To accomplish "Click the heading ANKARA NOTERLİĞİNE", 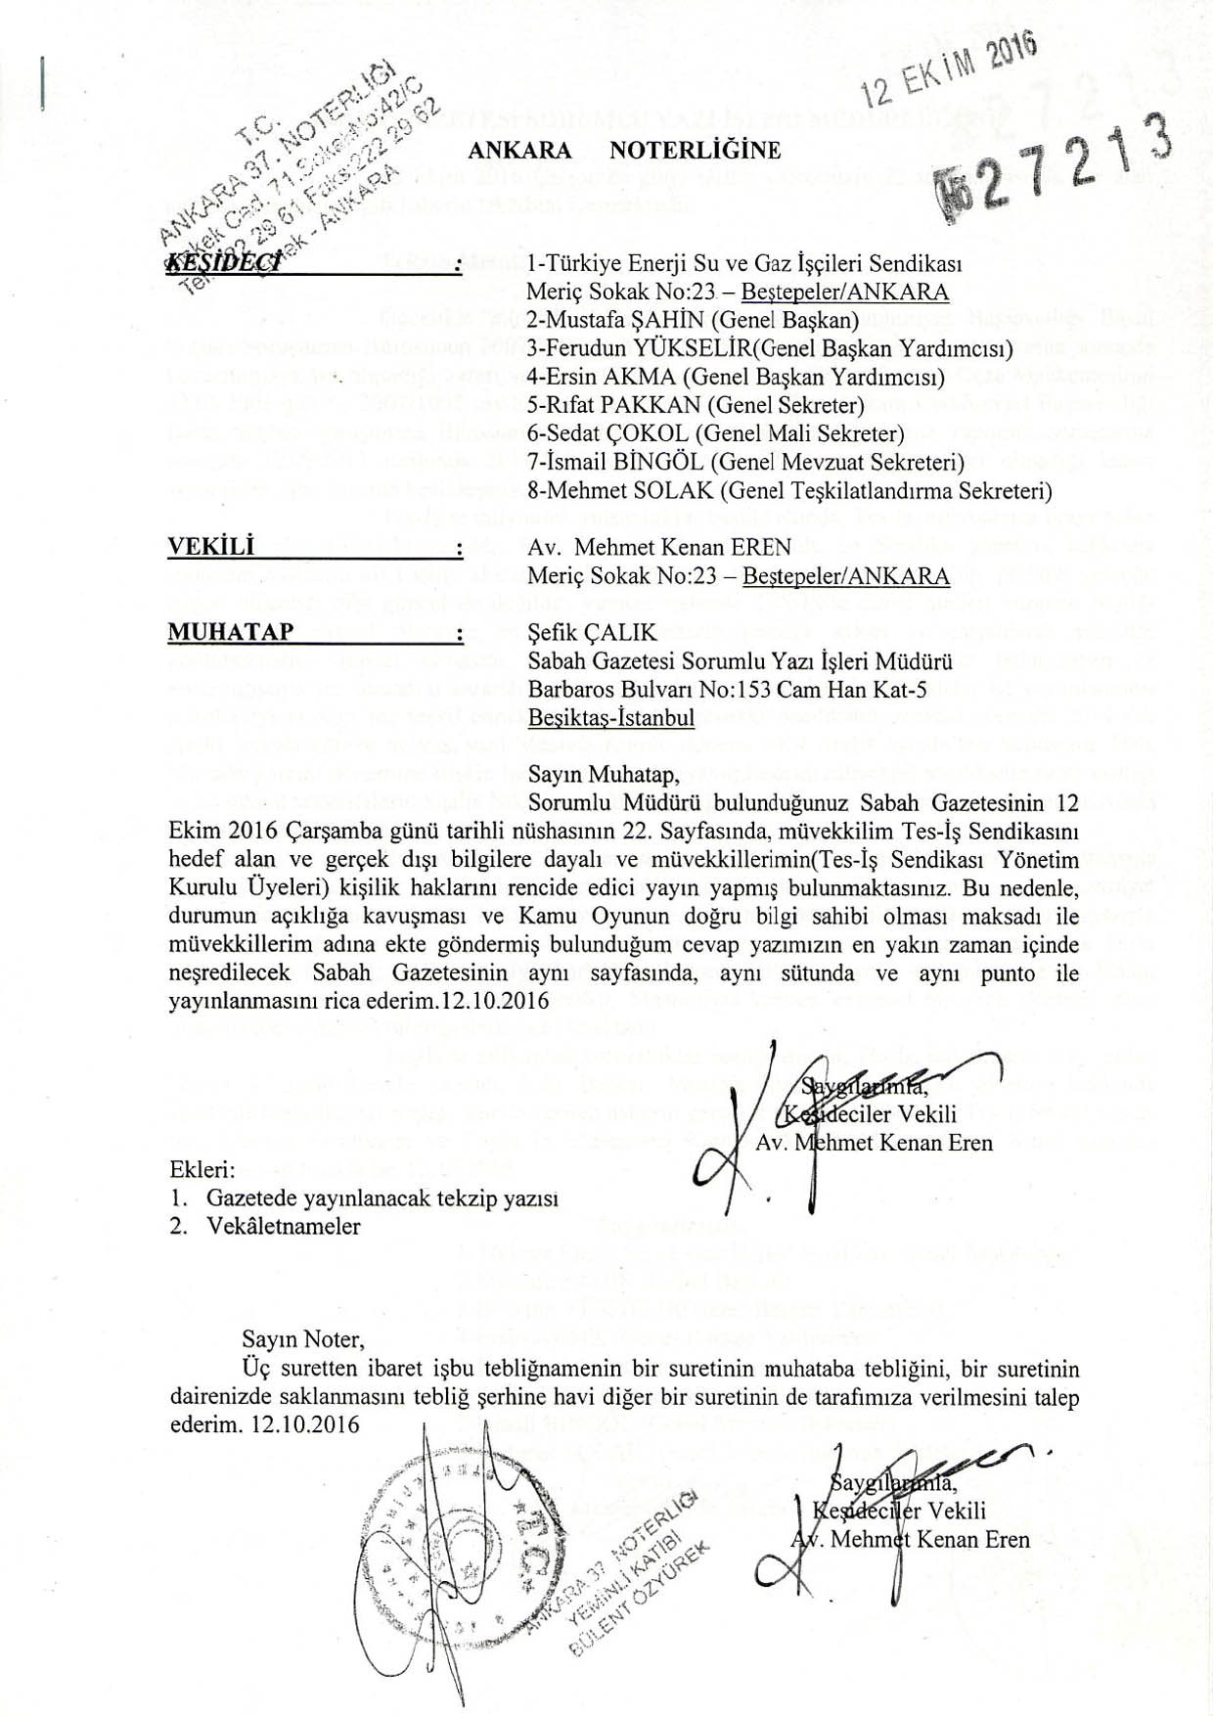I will point(624,151).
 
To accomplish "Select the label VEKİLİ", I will point(211,548).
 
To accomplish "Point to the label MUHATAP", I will point(231,632).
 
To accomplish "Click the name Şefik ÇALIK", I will point(592,634).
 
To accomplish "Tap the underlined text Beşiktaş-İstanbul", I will point(611,718).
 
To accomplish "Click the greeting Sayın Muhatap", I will point(604,775).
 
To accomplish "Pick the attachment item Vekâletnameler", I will point(284,1226).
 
